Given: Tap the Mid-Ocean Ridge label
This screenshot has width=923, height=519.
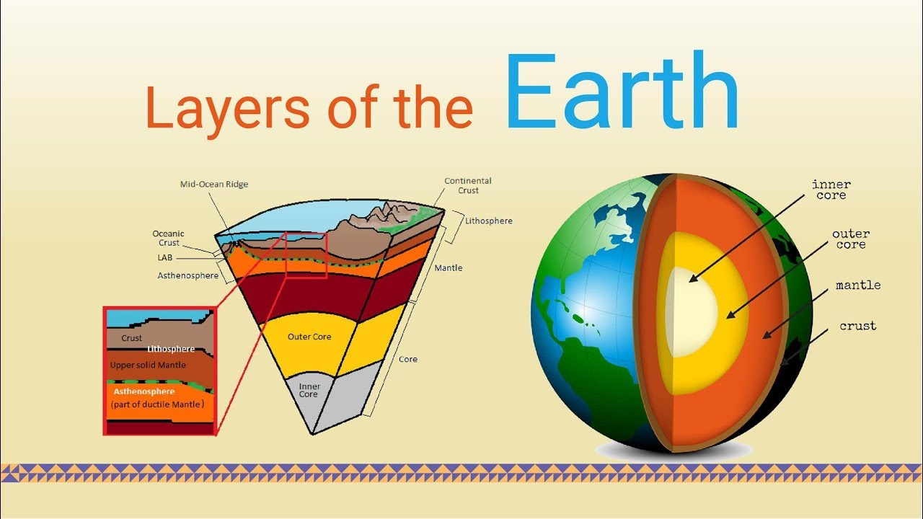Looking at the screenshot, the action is (214, 184).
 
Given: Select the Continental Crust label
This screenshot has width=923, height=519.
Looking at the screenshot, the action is (468, 185).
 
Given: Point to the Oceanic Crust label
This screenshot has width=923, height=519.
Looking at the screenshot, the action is (168, 238).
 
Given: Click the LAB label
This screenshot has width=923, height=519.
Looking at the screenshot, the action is (165, 257).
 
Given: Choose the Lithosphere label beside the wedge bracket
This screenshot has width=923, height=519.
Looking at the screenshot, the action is (489, 221).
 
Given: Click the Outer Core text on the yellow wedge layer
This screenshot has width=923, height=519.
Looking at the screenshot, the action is (309, 337).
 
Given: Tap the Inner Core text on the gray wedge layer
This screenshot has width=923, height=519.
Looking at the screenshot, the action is (309, 390).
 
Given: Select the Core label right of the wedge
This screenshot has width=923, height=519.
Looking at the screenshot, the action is (408, 359).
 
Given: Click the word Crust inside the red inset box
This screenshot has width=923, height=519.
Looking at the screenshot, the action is (131, 338).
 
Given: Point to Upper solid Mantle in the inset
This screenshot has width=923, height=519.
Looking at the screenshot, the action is (148, 365).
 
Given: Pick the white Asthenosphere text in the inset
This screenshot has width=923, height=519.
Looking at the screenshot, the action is (144, 391).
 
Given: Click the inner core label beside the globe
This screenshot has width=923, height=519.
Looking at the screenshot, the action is (831, 190).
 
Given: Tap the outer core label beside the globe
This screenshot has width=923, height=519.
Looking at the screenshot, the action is (851, 239).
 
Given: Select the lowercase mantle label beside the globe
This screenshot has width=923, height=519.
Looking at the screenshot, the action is (858, 285).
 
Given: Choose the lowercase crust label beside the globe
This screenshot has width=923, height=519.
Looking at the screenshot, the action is (858, 326).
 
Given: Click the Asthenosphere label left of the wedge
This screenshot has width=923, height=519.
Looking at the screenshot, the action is (188, 275).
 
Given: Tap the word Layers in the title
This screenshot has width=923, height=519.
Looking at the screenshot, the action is (227, 108).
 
